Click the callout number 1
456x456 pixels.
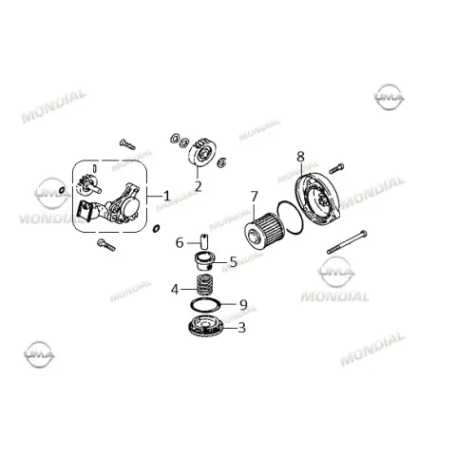click(x=166, y=196)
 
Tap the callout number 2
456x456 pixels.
click(x=198, y=186)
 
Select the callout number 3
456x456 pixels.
click(x=241, y=328)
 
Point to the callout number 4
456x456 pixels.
click(x=175, y=289)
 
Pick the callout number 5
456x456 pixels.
click(x=234, y=262)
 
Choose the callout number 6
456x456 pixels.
click(x=180, y=243)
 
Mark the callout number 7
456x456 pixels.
click(x=255, y=197)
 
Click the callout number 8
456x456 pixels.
click(x=300, y=157)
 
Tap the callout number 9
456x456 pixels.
click(x=243, y=305)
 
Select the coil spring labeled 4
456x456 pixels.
click(x=204, y=285)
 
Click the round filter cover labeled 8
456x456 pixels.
click(x=317, y=198)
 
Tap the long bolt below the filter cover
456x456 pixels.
click(x=347, y=242)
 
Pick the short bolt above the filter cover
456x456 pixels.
click(x=336, y=168)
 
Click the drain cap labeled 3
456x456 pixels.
click(x=206, y=326)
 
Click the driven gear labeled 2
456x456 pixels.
click(x=202, y=155)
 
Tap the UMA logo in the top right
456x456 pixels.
click(x=389, y=97)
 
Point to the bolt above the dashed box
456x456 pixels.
click(x=127, y=144)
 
